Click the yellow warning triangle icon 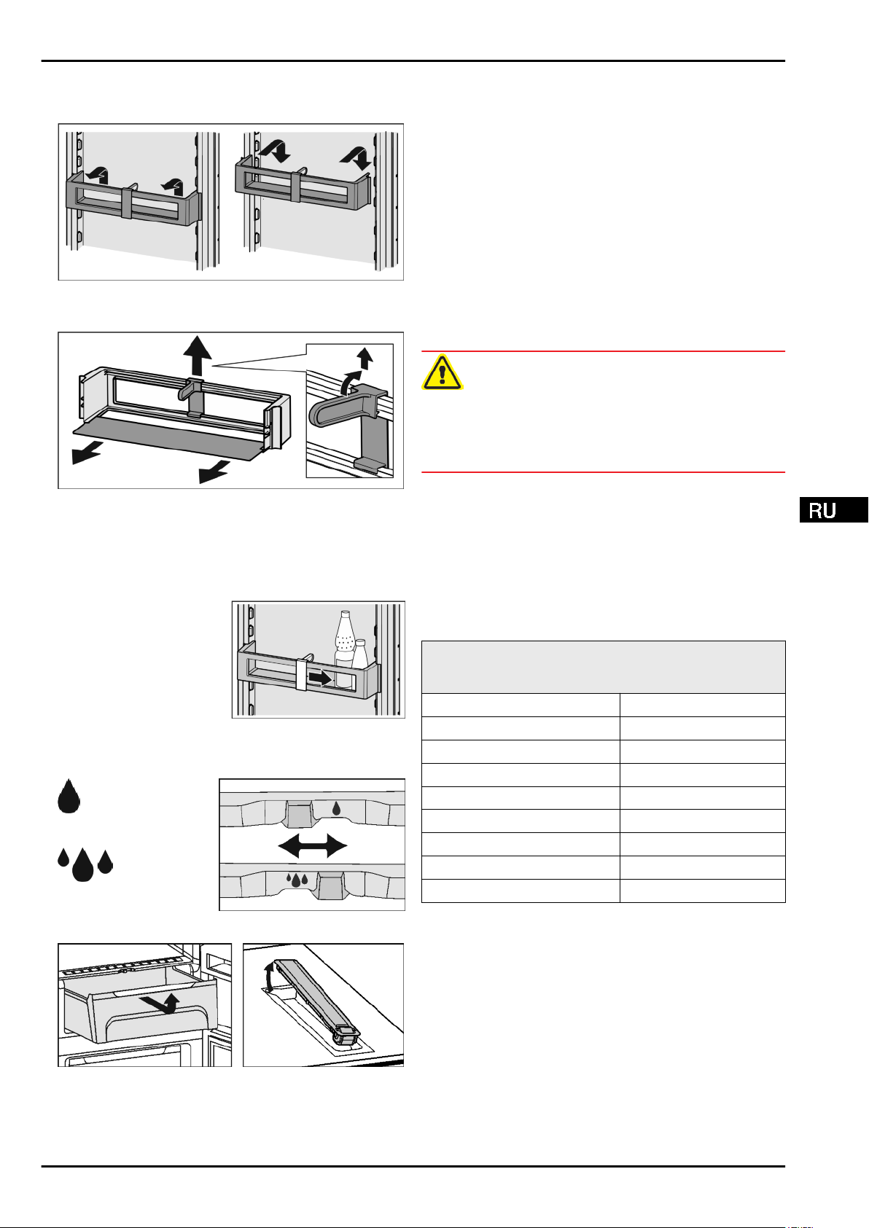442,372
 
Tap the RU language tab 833,510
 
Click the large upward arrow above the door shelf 198,356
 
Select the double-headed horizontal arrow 313,846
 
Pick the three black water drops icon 85,864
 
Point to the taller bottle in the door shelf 344,638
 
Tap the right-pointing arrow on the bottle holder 319,678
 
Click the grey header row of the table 603,667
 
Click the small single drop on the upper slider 336,808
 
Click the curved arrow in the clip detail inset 349,380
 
